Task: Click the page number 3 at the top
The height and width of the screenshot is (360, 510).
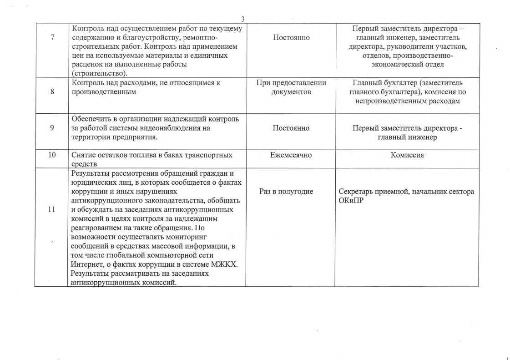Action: pyautogui.click(x=242, y=19)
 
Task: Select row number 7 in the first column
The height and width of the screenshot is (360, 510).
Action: pyautogui.click(x=52, y=37)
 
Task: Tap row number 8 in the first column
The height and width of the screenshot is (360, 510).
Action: pyautogui.click(x=52, y=91)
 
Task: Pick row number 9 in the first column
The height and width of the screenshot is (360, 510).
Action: pyautogui.click(x=52, y=128)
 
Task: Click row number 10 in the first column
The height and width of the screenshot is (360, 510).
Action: pyautogui.click(x=52, y=155)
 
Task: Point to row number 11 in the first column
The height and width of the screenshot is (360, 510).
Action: pyautogui.click(x=51, y=209)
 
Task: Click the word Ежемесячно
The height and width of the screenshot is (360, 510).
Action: pyautogui.click(x=291, y=155)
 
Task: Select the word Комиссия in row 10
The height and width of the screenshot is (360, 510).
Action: pyautogui.click(x=407, y=155)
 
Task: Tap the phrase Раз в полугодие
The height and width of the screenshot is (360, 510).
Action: pyautogui.click(x=286, y=192)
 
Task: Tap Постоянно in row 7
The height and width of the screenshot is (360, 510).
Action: pyautogui.click(x=291, y=37)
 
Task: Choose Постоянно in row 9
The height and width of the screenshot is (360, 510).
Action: pyautogui.click(x=291, y=128)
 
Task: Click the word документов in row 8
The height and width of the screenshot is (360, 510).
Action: pyautogui.click(x=291, y=92)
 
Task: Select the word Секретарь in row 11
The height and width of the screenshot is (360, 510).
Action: pyautogui.click(x=355, y=192)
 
